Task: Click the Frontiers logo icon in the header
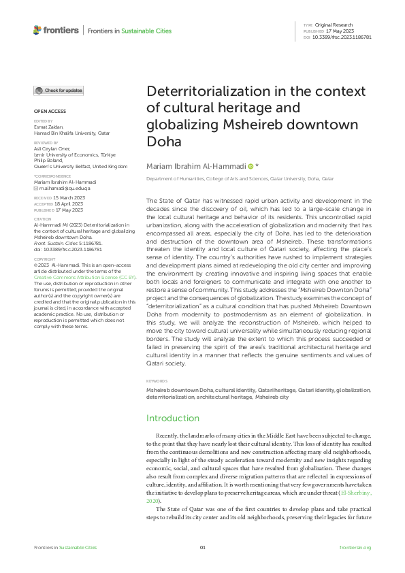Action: click(37, 30)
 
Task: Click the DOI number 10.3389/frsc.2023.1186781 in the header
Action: click(351, 37)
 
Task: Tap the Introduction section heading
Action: click(173, 418)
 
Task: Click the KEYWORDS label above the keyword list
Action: click(157, 381)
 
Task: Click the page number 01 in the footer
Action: click(202, 548)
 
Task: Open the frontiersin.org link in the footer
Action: click(355, 548)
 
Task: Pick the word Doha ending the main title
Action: click(162, 142)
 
